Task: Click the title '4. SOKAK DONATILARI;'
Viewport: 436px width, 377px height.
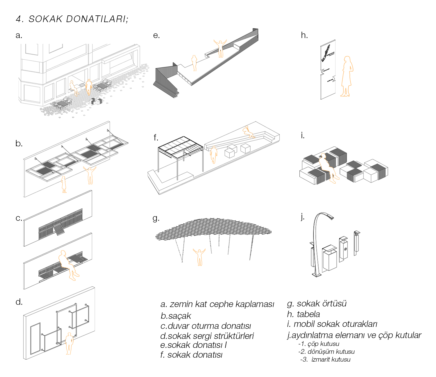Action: click(72, 19)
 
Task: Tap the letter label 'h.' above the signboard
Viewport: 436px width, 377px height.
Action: click(304, 35)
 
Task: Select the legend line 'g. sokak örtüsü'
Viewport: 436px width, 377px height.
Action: click(317, 304)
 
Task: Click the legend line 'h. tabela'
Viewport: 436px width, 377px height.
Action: click(304, 314)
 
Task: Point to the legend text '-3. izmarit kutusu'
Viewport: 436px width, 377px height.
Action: click(325, 359)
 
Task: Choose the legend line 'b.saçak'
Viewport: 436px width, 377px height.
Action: click(176, 316)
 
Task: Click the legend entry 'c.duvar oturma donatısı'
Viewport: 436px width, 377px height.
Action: click(206, 326)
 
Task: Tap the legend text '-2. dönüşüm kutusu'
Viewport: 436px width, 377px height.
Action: click(327, 352)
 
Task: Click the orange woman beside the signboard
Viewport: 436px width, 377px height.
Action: click(347, 76)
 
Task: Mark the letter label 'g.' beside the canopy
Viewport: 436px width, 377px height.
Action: click(156, 218)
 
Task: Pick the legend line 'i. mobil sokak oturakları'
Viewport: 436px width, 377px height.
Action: click(332, 324)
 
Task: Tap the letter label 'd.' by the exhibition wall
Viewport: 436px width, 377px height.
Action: click(19, 302)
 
